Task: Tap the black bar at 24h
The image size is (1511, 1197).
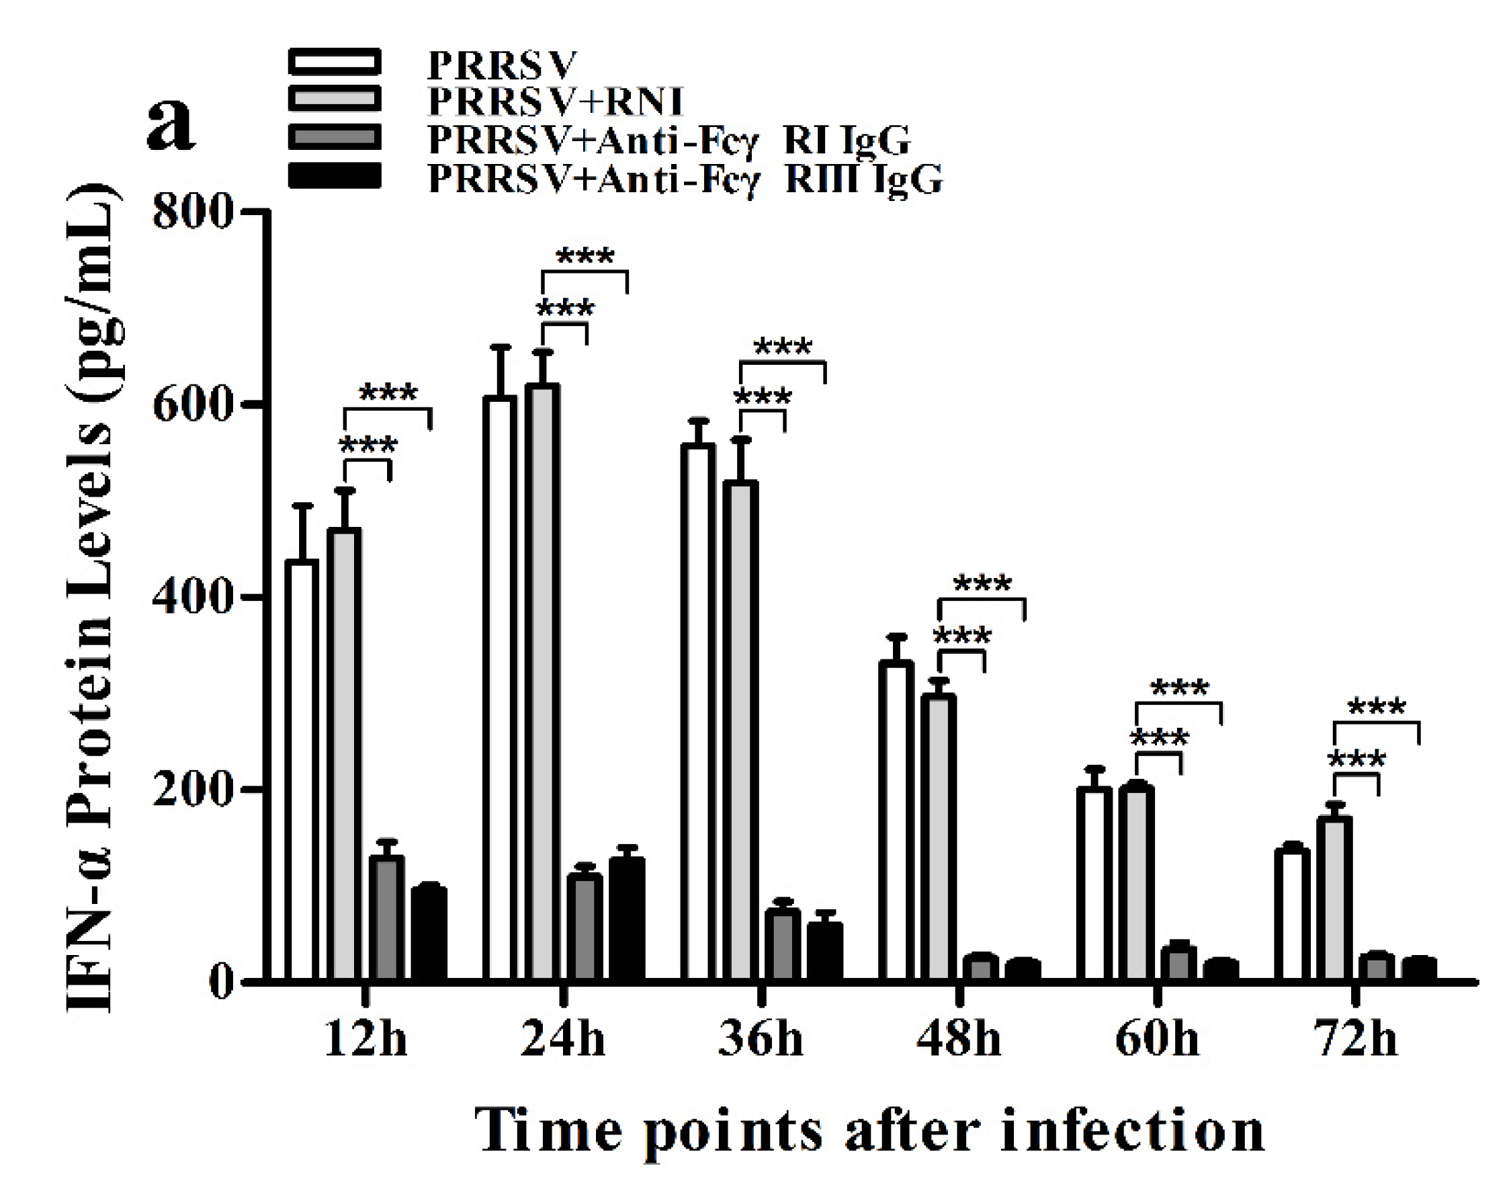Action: [x=626, y=918]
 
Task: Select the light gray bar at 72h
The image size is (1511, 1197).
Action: [x=1334, y=898]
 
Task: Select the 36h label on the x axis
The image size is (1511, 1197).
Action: [x=761, y=1039]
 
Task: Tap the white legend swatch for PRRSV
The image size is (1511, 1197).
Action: [x=335, y=62]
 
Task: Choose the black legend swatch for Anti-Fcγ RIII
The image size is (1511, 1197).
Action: [x=335, y=176]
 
